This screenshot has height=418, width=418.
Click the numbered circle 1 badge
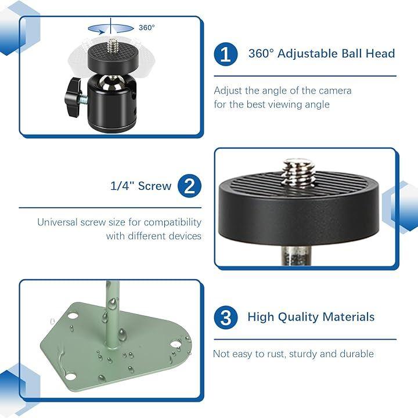point(225,53)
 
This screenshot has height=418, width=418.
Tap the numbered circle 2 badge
point(189,186)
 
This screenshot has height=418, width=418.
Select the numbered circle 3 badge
point(225,317)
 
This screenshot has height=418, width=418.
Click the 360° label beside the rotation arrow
point(147,27)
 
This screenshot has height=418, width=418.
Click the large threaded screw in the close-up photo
point(298,172)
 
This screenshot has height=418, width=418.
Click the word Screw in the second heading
point(154,186)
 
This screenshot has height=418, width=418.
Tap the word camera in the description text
point(335,91)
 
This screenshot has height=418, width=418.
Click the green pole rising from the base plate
point(112,315)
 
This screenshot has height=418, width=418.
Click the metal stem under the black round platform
point(296,255)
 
